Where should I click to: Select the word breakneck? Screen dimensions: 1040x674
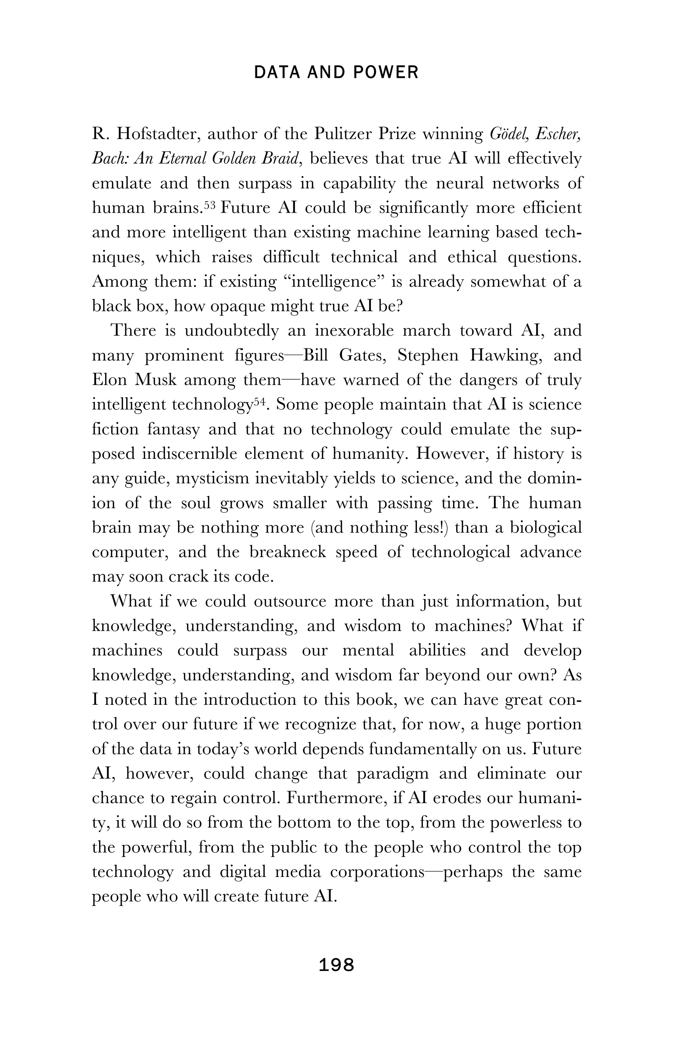pos(288,552)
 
